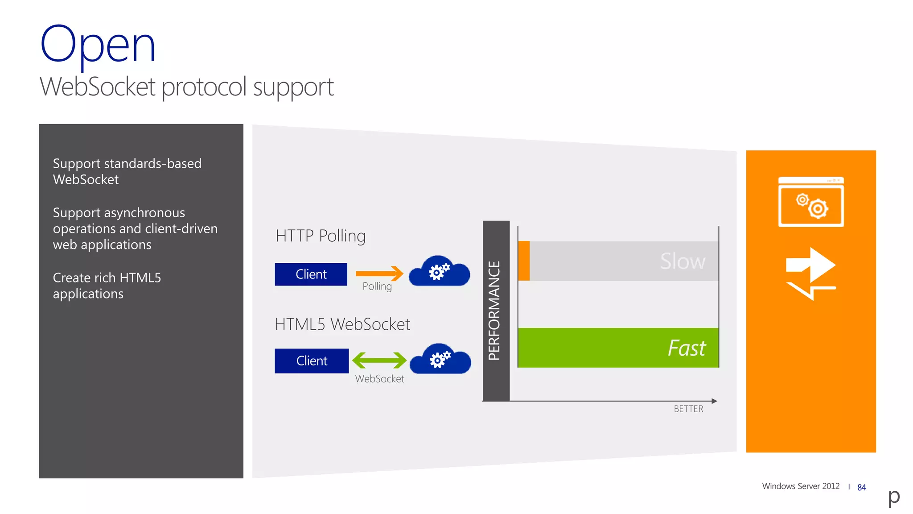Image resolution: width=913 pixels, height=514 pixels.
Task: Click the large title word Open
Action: point(98,45)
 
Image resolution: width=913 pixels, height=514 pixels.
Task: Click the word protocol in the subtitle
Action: point(204,87)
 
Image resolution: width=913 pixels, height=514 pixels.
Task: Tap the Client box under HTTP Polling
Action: point(311,274)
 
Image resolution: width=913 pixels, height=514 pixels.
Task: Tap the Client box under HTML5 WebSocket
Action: point(311,361)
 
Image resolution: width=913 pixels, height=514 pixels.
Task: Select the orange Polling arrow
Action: point(379,273)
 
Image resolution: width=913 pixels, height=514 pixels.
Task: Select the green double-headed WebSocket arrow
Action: point(379,360)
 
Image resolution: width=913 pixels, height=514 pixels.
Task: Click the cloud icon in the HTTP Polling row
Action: point(439,271)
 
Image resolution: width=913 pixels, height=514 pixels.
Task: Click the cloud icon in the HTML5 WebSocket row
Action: point(440,359)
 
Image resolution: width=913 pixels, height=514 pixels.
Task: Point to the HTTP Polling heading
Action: point(320,236)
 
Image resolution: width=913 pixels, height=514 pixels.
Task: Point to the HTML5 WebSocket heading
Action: point(342,324)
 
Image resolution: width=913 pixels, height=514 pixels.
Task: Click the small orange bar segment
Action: point(524,261)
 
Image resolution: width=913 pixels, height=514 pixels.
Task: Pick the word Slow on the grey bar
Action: point(683,261)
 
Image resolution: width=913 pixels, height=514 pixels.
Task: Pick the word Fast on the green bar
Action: point(687,348)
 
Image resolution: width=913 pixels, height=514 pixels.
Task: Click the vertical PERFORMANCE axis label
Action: point(495,311)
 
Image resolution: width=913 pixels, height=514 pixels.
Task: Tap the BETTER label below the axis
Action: point(688,409)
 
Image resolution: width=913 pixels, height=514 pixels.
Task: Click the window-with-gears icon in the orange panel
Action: point(810,202)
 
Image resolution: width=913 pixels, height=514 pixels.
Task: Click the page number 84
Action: point(861,488)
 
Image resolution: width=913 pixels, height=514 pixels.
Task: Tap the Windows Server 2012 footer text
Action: point(801,486)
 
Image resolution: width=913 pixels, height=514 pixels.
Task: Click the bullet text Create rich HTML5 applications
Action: point(107,286)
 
